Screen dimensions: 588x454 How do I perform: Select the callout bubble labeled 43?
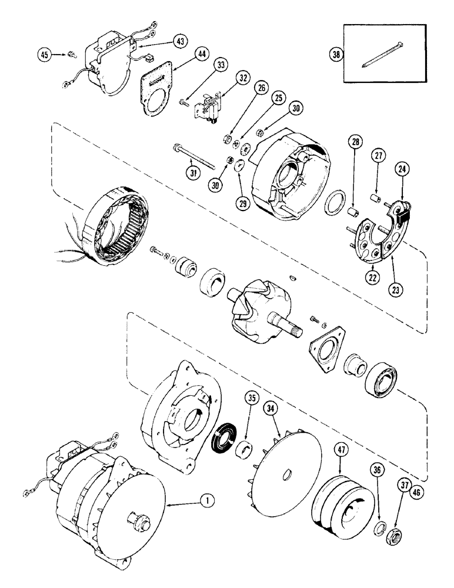coord(181,41)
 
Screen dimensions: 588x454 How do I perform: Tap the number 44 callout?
coord(201,54)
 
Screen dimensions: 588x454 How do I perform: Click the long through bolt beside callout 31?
coord(198,155)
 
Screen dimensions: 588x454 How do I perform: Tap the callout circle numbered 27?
coord(378,156)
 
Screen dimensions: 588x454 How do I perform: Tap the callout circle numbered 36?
coord(377,469)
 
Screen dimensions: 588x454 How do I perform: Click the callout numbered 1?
coord(205,501)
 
